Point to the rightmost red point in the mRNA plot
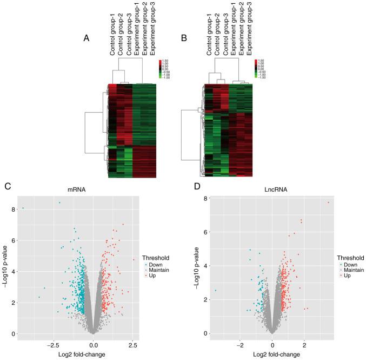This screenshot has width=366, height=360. tap(134, 260)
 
